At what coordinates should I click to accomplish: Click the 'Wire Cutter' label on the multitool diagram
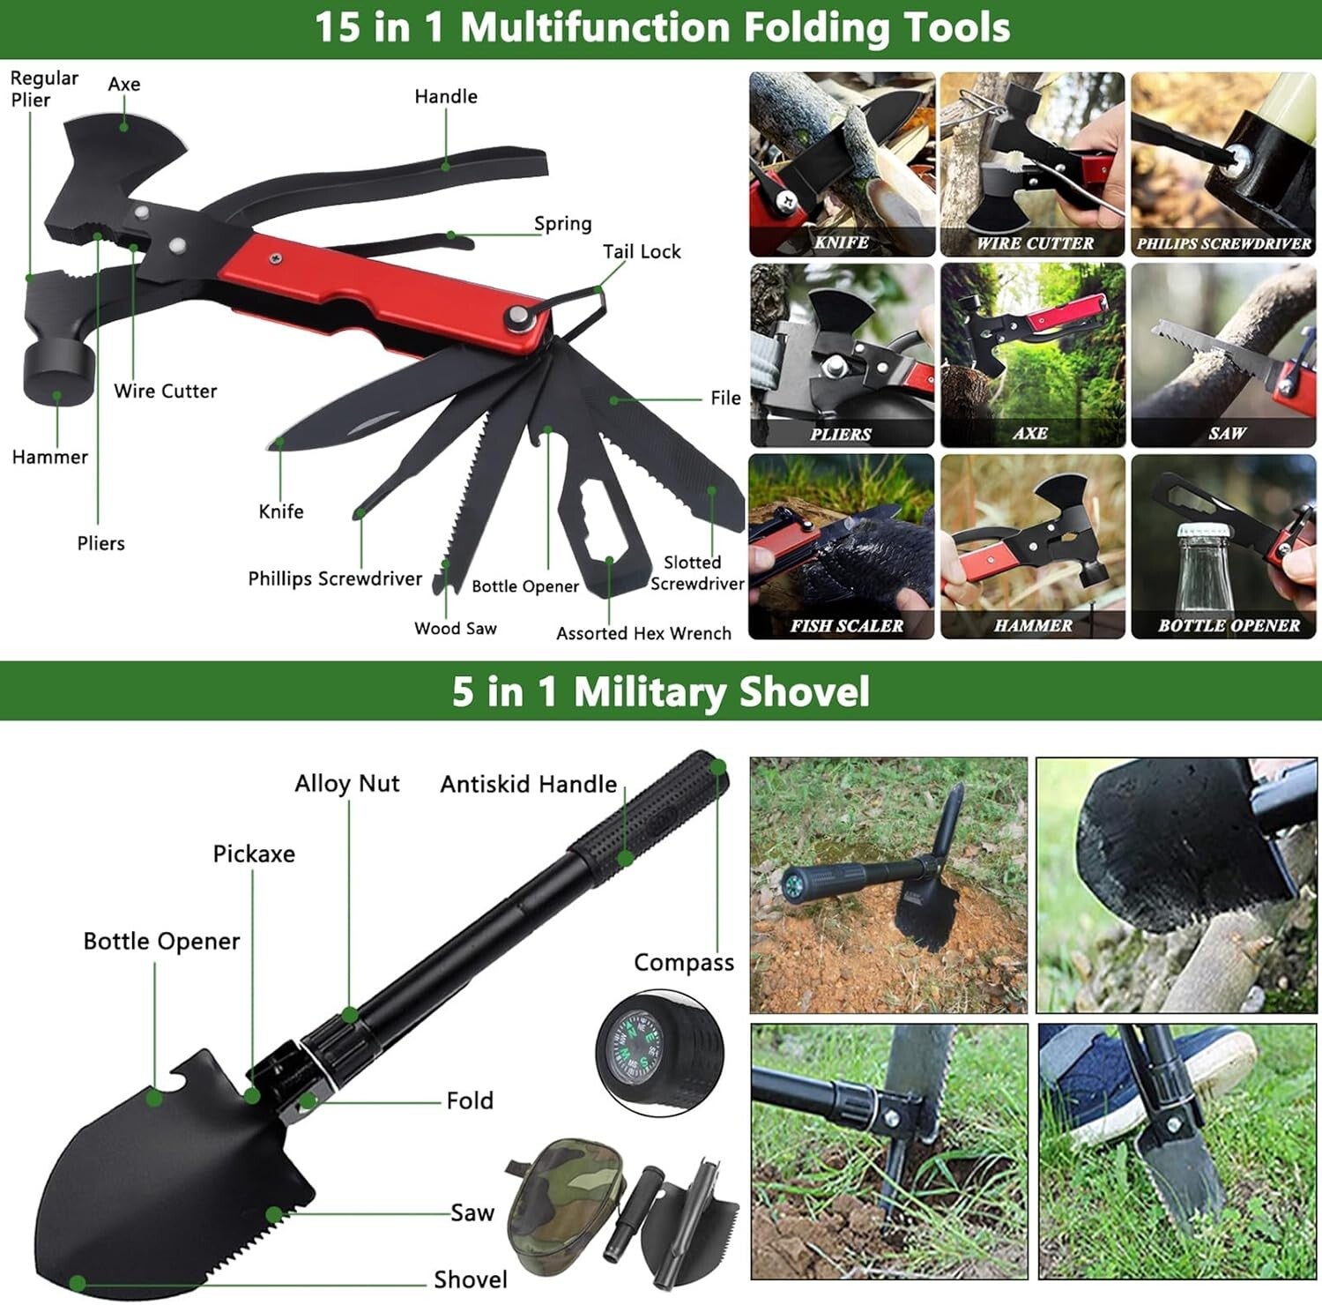[x=165, y=391]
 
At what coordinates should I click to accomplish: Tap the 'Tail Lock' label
[x=642, y=251]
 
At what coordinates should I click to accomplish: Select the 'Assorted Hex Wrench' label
[x=643, y=633]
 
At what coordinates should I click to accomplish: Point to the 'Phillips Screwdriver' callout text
[x=335, y=578]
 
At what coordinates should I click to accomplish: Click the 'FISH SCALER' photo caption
[x=846, y=625]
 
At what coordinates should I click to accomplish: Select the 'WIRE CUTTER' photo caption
[x=1034, y=243]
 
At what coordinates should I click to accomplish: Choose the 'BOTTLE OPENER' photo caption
[x=1229, y=625]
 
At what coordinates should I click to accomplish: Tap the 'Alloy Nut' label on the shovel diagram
[x=346, y=783]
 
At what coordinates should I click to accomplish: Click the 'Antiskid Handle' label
[x=528, y=784]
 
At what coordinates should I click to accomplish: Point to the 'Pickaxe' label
[x=254, y=854]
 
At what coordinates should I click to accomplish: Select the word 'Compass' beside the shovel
[x=684, y=963]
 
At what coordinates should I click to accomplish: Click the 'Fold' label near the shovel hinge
[x=470, y=1100]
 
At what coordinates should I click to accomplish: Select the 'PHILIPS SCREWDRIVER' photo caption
[x=1223, y=243]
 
